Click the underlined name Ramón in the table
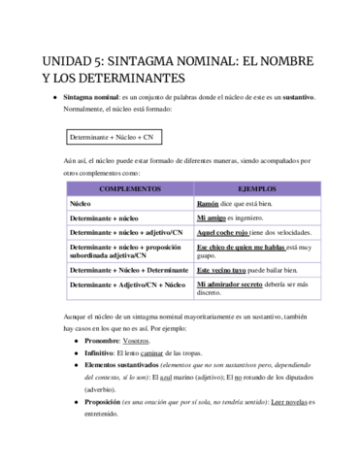coord(208,205)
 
